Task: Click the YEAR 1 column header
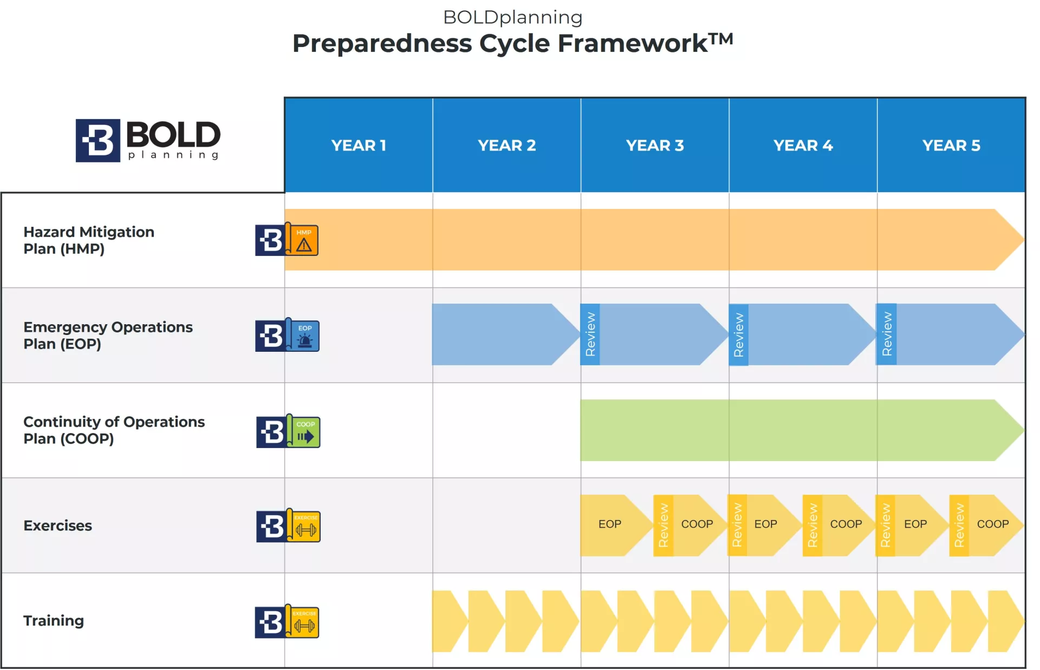click(359, 145)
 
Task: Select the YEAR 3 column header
click(655, 145)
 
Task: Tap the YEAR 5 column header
click(951, 145)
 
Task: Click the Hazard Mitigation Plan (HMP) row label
click(89, 240)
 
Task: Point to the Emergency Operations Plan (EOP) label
click(108, 336)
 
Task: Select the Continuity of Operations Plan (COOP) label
click(114, 430)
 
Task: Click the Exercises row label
click(57, 526)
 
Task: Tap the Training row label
click(54, 620)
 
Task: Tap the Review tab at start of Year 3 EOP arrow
click(590, 334)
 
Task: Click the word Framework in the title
click(633, 43)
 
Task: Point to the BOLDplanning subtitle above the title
click(513, 17)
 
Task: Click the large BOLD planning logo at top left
click(148, 140)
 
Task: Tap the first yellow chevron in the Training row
click(450, 621)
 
